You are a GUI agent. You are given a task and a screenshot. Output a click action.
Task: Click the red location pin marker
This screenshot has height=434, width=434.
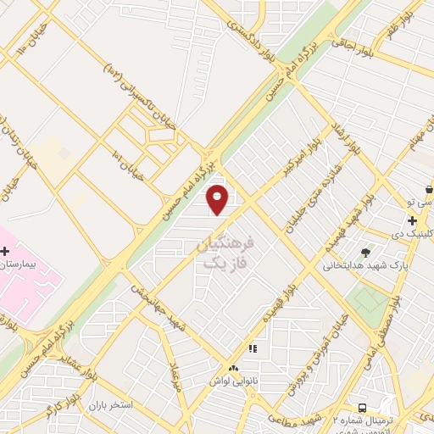click(x=218, y=199)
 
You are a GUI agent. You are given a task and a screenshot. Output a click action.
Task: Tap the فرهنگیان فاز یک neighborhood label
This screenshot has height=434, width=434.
click(x=225, y=253)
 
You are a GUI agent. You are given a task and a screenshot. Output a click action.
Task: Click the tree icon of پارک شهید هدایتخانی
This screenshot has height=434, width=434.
click(x=365, y=252)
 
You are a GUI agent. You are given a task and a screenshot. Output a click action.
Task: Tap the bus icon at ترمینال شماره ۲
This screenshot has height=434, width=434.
click(x=363, y=408)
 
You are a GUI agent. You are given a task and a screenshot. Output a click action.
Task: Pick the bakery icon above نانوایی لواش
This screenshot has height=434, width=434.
click(x=234, y=369)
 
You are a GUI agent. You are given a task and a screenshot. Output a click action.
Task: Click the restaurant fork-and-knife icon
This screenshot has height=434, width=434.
click(x=252, y=348)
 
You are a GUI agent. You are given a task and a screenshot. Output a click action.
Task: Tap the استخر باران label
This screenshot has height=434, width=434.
click(x=111, y=405)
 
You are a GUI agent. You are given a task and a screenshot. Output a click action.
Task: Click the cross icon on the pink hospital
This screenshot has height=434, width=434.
click(x=6, y=251)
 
